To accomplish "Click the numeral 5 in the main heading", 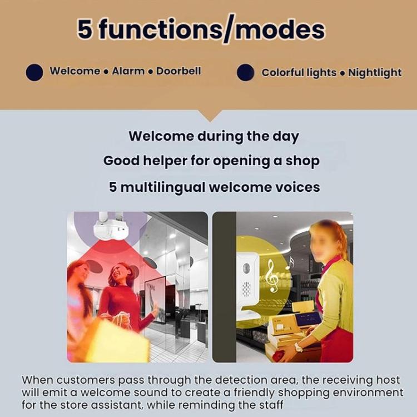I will (85, 29).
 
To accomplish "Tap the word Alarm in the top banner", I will (128, 71).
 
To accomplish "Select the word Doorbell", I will (178, 71).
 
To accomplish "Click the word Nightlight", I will (375, 73).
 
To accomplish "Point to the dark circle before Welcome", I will (34, 72).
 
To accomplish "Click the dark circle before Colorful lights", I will (245, 73).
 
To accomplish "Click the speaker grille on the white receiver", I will (246, 289).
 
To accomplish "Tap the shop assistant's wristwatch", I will (298, 348).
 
